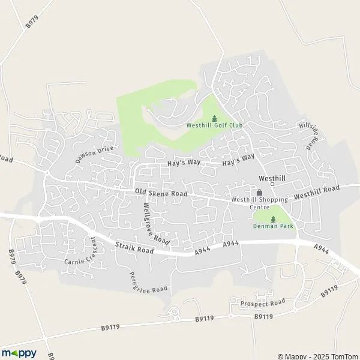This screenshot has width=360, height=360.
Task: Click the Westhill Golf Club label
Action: click(214, 125)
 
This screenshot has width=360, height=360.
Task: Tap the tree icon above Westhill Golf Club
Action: click(214, 118)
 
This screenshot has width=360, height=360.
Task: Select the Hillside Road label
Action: click(312, 136)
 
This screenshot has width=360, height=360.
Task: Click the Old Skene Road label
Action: click(161, 193)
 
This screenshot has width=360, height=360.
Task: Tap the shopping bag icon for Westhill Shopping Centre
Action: click(260, 193)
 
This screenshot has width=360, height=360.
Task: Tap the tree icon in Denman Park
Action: click(273, 219)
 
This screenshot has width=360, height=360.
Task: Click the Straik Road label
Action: click(136, 248)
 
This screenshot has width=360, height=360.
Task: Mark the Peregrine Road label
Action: click(148, 281)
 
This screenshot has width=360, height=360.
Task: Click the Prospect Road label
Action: click(262, 304)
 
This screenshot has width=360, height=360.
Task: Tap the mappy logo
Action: click(19, 353)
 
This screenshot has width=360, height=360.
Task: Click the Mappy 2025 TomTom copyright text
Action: click(316, 356)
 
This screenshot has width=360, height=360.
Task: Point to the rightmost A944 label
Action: click(321, 248)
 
